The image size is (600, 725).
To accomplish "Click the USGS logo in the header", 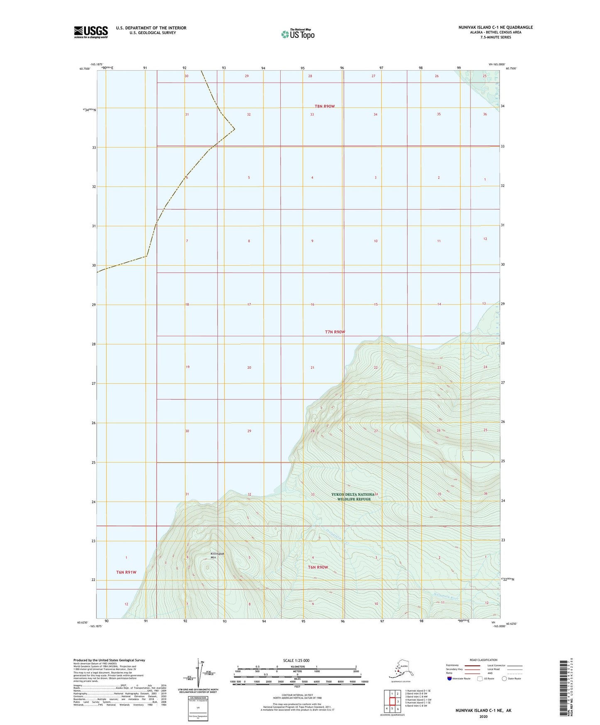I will (91, 32).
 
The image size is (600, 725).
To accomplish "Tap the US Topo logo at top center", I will (297, 34).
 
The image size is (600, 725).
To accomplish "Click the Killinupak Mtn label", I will (217, 556).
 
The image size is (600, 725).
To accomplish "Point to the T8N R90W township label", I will (324, 106).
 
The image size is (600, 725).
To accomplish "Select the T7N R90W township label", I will (335, 332).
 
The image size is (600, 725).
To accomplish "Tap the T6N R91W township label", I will (126, 572).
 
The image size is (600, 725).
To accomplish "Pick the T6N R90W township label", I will (318, 567).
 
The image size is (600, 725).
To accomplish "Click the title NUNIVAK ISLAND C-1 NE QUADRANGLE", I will (495, 27).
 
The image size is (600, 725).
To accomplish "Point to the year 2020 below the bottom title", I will (483, 716).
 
